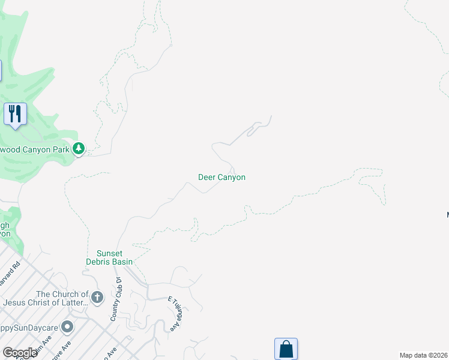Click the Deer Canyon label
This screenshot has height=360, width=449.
[221, 177]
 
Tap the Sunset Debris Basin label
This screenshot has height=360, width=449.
[114, 257]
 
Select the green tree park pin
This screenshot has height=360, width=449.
[79, 148]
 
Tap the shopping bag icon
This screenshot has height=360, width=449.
[286, 349]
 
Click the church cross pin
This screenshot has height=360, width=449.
[98, 296]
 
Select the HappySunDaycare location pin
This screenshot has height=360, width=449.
[67, 327]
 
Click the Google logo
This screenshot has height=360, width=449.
[19, 353]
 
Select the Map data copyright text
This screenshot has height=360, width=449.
[423, 355]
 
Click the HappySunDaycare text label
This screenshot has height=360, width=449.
[28, 328]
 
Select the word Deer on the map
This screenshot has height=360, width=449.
[206, 177]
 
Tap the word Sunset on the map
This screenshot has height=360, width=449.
[109, 253]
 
